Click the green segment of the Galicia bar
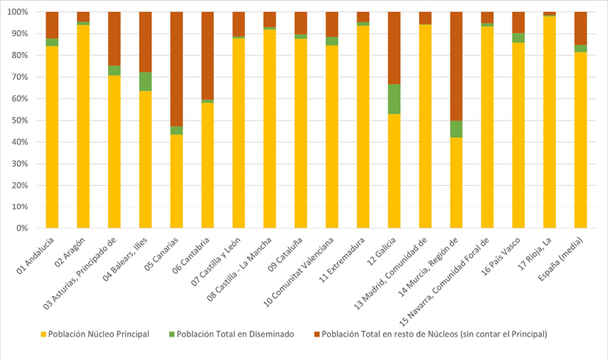(393, 99)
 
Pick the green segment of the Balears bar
(146, 82)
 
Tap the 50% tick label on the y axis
(18, 120)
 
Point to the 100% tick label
(15, 12)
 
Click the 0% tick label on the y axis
(20, 228)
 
